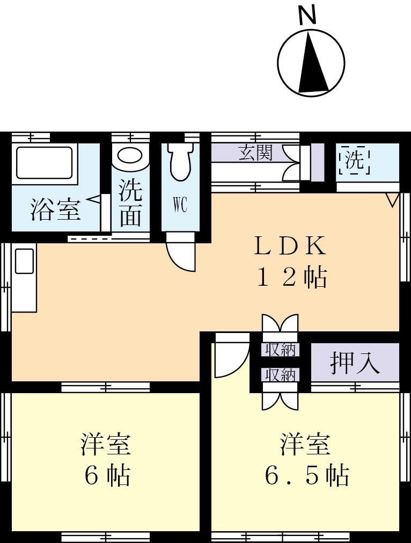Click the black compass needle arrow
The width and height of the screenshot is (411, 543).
312,63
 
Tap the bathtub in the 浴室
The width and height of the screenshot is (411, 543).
43,162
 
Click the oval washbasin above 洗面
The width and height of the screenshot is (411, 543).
130,156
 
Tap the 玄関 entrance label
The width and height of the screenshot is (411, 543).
255,153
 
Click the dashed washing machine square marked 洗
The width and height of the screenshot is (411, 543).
354,160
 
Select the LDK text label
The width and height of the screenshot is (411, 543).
289,247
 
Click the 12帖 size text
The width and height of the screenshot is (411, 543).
292,278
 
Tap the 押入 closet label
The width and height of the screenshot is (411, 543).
355,363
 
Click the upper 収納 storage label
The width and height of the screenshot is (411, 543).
279,349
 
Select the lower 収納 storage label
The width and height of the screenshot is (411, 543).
279,374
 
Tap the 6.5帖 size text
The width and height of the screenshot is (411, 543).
306,475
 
